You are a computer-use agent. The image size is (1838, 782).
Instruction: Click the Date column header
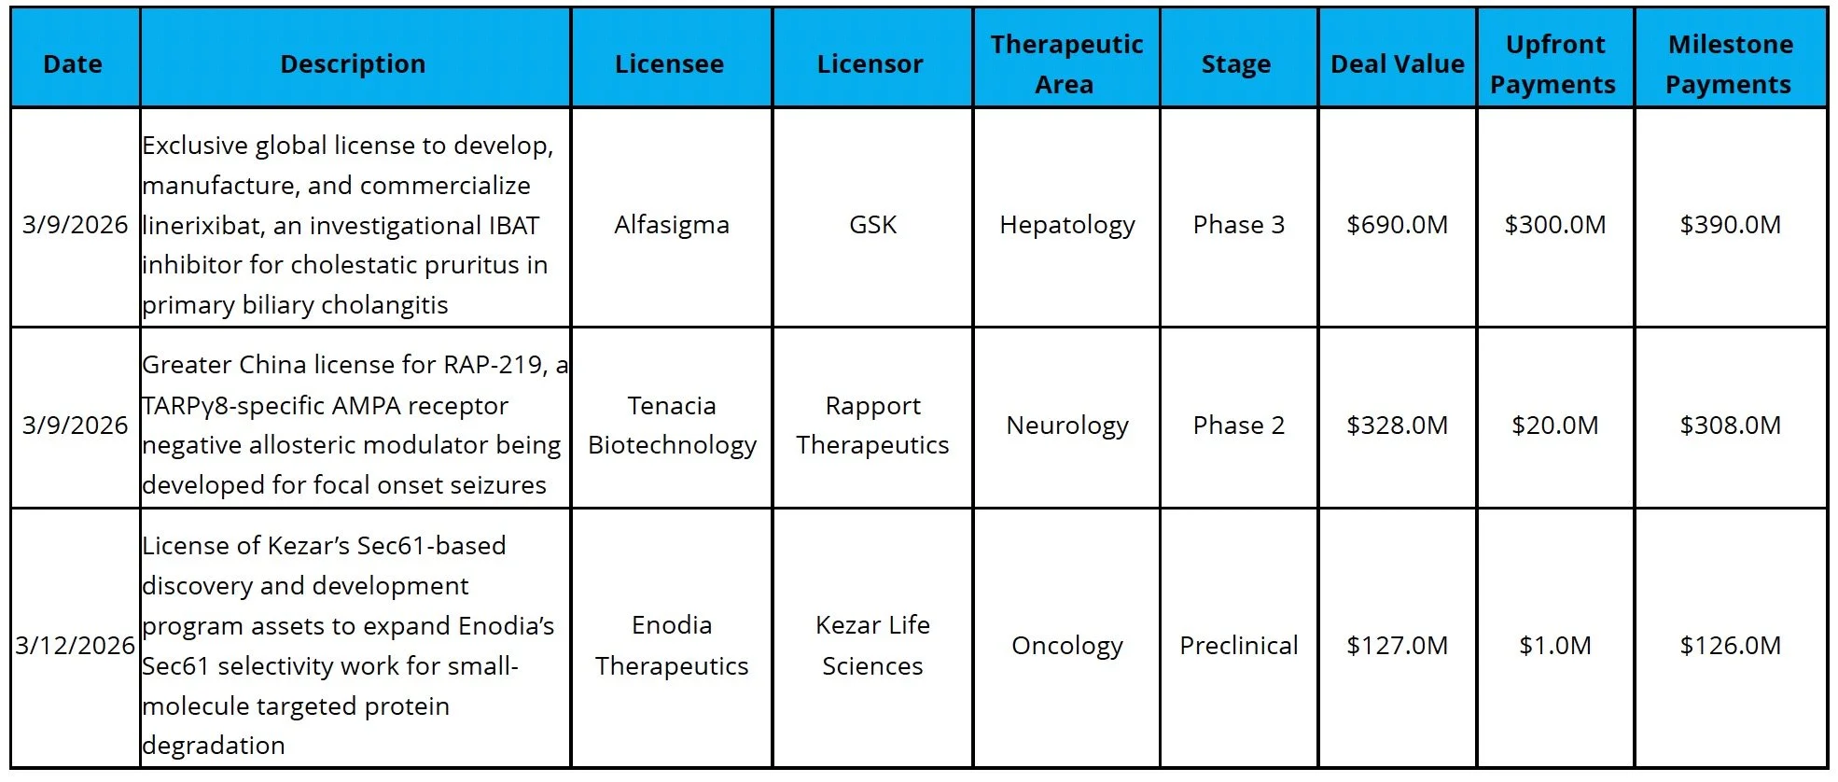pyautogui.click(x=73, y=63)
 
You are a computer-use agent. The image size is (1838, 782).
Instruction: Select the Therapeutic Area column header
pyautogui.click(x=1066, y=63)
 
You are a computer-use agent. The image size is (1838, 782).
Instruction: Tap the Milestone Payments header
pyautogui.click(x=1730, y=63)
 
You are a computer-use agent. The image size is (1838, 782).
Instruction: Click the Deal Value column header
pyautogui.click(x=1397, y=63)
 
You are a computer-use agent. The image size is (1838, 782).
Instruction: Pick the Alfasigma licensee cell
pyautogui.click(x=671, y=225)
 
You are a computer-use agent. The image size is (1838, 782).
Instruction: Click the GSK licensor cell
pyautogui.click(x=872, y=225)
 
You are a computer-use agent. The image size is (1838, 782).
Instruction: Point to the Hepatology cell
pyautogui.click(x=1066, y=225)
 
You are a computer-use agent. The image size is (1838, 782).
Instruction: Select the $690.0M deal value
pyautogui.click(x=1397, y=225)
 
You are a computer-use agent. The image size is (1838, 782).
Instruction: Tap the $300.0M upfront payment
pyautogui.click(x=1554, y=225)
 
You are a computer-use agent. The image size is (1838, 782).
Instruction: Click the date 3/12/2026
pyautogui.click(x=75, y=645)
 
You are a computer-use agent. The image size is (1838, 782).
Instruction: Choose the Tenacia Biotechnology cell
pyautogui.click(x=671, y=426)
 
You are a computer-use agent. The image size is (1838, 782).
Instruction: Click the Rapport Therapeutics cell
pyautogui.click(x=872, y=426)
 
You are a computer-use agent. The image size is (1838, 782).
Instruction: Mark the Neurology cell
pyautogui.click(x=1066, y=426)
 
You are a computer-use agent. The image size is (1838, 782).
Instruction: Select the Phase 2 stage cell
pyautogui.click(x=1238, y=426)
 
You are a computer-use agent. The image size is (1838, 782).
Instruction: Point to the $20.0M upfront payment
pyautogui.click(x=1554, y=426)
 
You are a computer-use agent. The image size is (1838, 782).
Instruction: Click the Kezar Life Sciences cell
pyautogui.click(x=872, y=645)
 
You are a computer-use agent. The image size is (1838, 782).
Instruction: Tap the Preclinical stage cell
pyautogui.click(x=1238, y=645)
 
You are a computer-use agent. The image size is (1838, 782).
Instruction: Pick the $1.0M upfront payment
pyautogui.click(x=1554, y=645)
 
